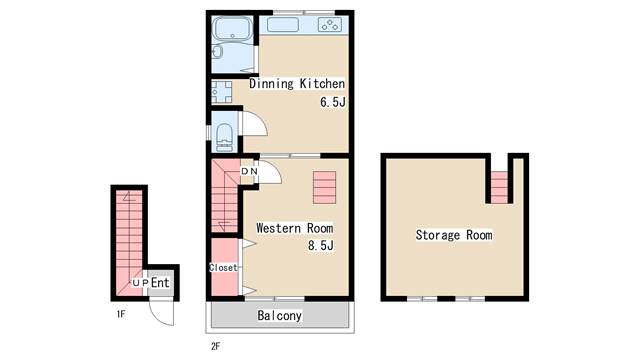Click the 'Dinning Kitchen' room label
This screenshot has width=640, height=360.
coord(297,84)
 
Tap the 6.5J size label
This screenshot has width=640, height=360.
coord(333,102)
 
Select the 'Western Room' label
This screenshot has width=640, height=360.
coord(294,228)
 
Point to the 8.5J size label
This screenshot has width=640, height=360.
coord(321,245)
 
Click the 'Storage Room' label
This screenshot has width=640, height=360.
coord(454,235)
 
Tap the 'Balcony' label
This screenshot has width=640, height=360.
coord(280,316)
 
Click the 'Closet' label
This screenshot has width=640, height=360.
coord(223,268)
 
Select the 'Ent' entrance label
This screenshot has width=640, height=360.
coord(160,282)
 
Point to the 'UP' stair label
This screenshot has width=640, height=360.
coord(140,282)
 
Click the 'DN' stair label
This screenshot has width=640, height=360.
coord(249,171)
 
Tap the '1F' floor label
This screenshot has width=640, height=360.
coord(120,314)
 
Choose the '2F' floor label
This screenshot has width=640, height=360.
coord(216,347)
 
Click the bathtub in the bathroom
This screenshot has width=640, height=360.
coord(232,29)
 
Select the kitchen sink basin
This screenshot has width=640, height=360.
coord(282,25)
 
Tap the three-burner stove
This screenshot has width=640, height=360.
coord(330,25)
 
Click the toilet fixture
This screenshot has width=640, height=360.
coord(224,137)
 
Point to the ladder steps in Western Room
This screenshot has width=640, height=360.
coord(324,187)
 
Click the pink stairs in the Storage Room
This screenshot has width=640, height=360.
coord(499,187)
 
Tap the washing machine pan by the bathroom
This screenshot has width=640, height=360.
coord(222,92)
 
